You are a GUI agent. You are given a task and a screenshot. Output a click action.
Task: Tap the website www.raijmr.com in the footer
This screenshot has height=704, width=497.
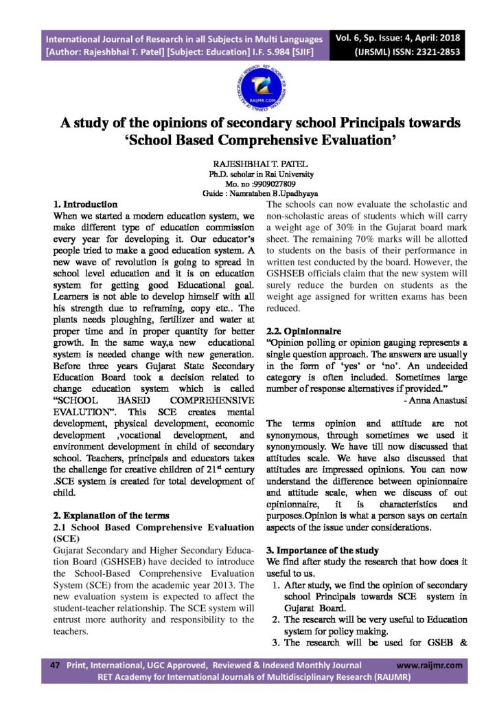coord(430,665)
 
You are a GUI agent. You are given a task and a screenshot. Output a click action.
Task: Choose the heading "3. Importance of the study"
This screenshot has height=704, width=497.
coord(322,551)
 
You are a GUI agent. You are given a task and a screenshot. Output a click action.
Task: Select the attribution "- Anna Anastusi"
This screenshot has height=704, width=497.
coord(437,399)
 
